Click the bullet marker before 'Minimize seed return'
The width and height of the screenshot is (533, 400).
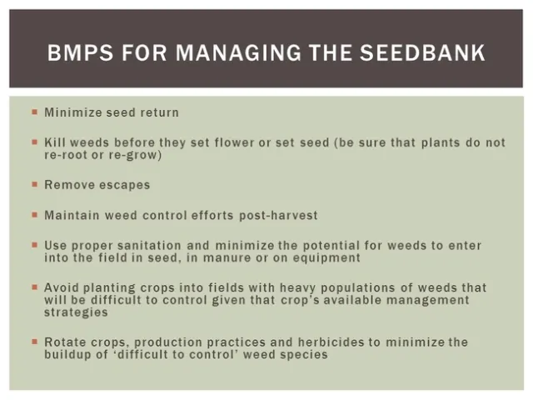(34, 112)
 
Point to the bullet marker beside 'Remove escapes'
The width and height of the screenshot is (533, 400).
(34, 185)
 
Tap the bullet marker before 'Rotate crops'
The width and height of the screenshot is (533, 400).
(34, 342)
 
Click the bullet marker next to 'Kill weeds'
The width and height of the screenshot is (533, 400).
(34, 142)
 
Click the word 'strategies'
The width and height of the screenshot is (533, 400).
(77, 312)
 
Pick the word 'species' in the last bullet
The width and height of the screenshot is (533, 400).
(304, 354)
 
